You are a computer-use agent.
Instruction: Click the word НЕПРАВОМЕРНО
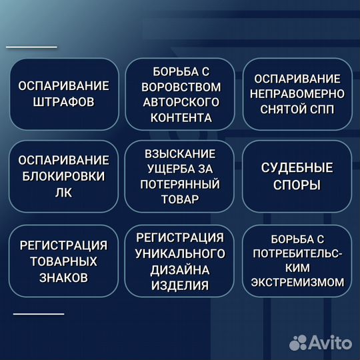297,94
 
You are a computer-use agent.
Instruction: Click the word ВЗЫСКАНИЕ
181,153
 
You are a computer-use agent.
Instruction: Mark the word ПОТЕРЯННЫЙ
181,184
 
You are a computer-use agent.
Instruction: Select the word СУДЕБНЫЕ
297,169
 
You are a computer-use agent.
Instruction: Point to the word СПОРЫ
297,185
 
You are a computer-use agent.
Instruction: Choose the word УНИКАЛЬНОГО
180,253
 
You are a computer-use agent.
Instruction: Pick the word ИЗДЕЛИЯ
180,285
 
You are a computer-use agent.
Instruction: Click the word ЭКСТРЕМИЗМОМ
297,282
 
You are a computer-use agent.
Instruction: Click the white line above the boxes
31,47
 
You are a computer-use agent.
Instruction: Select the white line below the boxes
39,313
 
